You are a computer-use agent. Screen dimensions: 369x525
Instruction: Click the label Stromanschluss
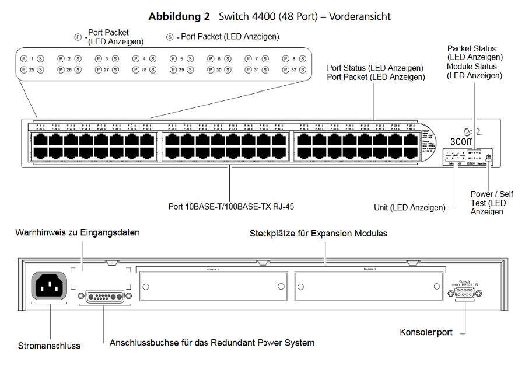(x=48, y=345)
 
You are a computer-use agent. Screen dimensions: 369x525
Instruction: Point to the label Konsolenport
(x=426, y=332)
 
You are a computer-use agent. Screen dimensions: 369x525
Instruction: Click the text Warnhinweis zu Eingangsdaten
(x=77, y=232)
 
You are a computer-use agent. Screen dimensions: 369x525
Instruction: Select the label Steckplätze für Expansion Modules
(x=318, y=234)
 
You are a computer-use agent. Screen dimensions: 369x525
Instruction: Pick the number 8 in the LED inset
(x=294, y=58)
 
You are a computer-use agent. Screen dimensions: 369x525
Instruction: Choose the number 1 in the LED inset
(x=32, y=58)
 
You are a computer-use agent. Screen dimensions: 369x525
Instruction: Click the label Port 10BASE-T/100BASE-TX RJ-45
(x=229, y=206)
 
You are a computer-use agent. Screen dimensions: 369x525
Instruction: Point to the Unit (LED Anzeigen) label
(x=409, y=207)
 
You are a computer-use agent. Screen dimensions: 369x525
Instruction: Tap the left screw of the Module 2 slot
(x=146, y=286)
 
